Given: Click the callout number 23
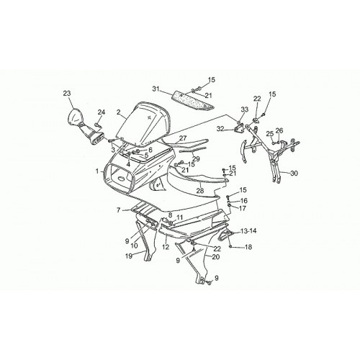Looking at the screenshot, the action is point(67,93).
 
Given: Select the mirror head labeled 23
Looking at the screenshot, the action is point(76,117).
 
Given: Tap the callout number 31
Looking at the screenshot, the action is point(156,89).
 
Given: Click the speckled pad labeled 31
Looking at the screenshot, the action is point(193,102).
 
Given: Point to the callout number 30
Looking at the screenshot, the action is point(294,173).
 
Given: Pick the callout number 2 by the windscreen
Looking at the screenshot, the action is point(118,112).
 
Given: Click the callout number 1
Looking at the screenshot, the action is point(97,171).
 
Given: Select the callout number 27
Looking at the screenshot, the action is point(183,138).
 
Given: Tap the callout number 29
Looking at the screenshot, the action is point(196,159).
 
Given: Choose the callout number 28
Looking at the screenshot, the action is point(200,191).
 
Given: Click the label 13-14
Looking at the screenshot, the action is point(248,231).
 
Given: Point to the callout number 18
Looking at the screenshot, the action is point(248,246).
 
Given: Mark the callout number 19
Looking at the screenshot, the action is point(129,256).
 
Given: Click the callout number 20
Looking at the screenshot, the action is point(216,257).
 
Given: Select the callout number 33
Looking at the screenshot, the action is point(244,109).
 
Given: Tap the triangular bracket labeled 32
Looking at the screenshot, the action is point(239,129).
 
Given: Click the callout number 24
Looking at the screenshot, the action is point(102,112).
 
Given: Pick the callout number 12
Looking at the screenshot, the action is point(166,247).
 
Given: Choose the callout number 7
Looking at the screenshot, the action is point(118,210).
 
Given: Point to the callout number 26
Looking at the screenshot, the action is point(279,130).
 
